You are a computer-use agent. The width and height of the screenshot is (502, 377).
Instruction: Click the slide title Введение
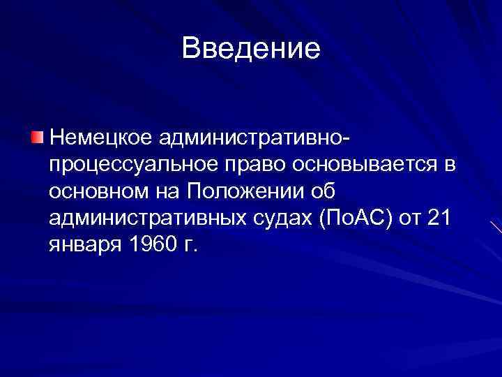251,48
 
